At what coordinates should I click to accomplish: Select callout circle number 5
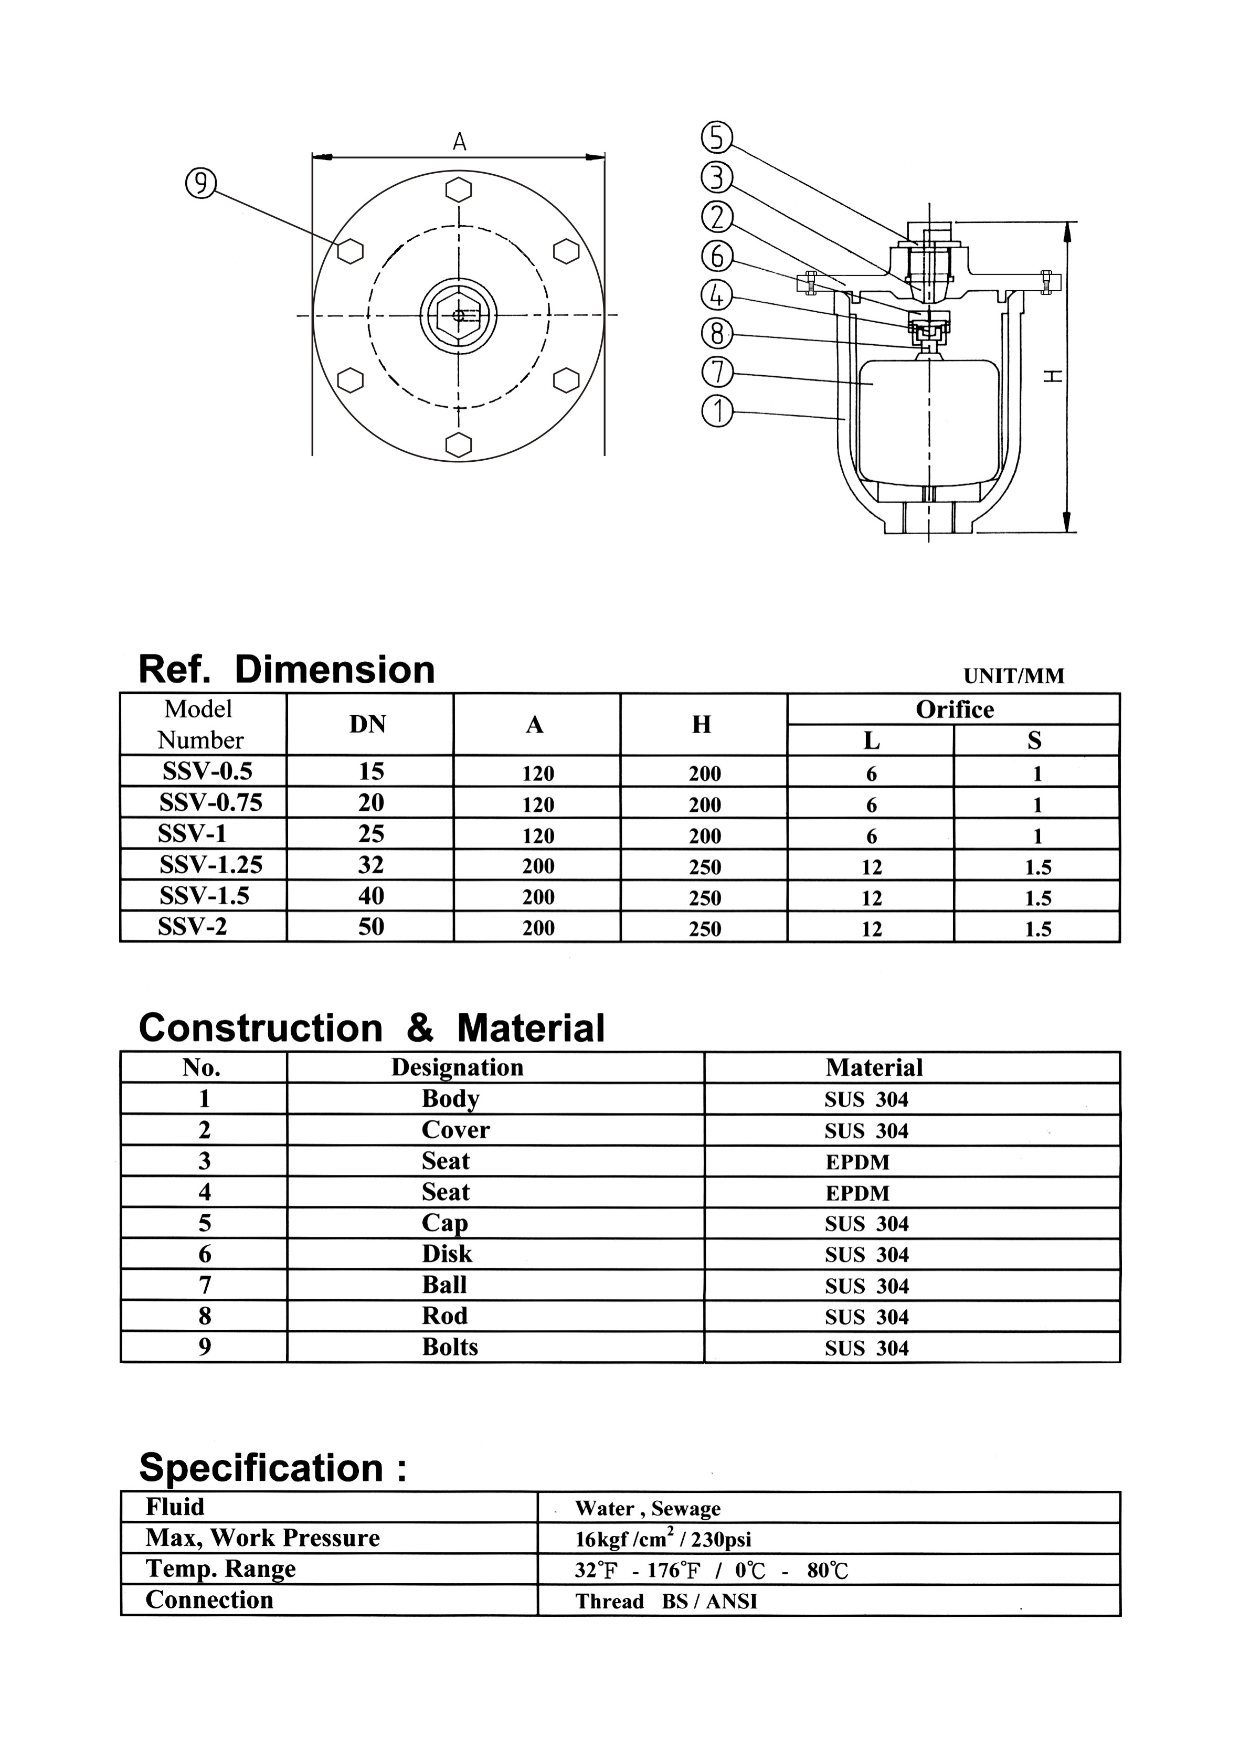coord(716,138)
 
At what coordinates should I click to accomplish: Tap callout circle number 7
coord(716,373)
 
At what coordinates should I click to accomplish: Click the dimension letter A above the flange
coord(459,142)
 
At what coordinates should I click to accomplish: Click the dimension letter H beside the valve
coord(1054,376)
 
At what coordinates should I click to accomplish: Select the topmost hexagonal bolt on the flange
coord(458,190)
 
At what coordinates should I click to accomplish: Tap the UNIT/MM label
coord(1013,676)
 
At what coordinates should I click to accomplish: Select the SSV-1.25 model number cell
coord(211,864)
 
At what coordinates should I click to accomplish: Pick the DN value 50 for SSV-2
coord(371,926)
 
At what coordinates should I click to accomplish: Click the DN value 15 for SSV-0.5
coord(371,771)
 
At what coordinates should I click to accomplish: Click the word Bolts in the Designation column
coord(450,1347)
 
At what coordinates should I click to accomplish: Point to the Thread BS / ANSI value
coord(666,1602)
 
